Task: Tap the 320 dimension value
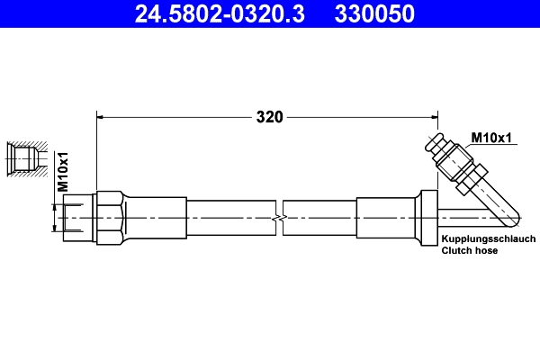coord(269,116)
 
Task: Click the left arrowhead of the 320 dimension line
coord(102,116)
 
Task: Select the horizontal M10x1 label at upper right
coord(491,137)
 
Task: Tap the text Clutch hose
coord(469,251)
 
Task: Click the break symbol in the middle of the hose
coord(280,218)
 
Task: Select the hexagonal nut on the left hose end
coord(108,218)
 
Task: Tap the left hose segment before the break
coord(229,218)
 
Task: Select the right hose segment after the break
coord(319,218)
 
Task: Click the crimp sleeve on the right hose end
coord(385,218)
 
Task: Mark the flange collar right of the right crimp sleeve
coord(426,217)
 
